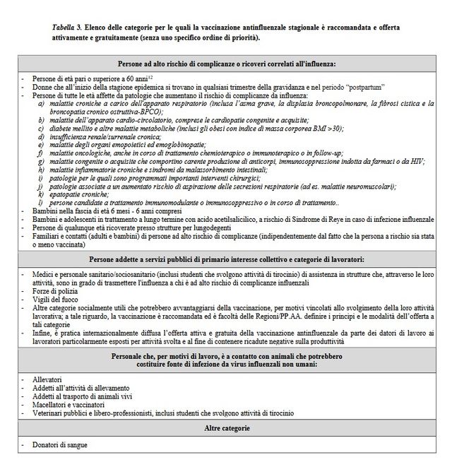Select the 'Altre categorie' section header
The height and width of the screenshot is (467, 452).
pyautogui.click(x=227, y=428)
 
